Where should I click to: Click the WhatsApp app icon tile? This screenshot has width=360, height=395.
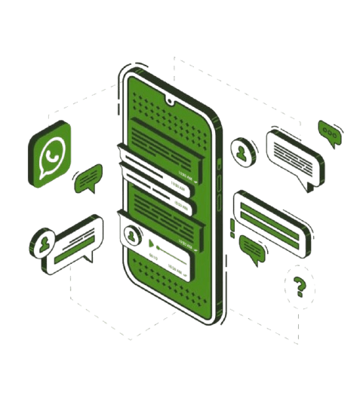[x=51, y=155]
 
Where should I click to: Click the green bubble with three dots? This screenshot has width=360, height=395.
[x=329, y=131]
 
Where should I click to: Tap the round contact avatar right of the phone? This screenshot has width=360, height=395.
[x=242, y=150]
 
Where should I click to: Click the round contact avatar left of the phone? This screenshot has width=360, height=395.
[x=41, y=243]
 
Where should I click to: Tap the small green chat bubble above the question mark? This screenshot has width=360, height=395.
[x=253, y=248]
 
